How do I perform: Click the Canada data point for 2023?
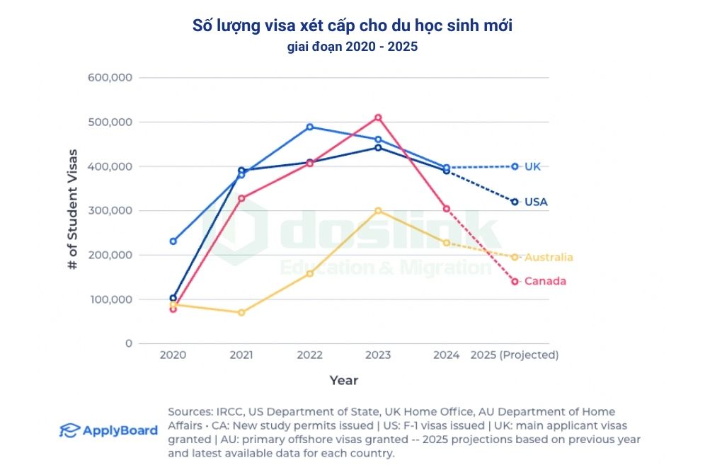(x=378, y=117)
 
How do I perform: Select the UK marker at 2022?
(x=309, y=127)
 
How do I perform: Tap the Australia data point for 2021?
(x=241, y=312)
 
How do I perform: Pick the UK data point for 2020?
(x=173, y=241)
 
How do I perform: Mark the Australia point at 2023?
(x=378, y=211)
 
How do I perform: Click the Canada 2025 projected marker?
(x=515, y=282)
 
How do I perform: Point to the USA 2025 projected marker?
(x=515, y=202)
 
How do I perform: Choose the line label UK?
(x=532, y=166)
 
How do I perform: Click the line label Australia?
(x=549, y=257)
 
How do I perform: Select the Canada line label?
(x=545, y=282)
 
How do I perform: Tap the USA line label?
(x=536, y=202)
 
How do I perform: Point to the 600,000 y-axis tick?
(x=110, y=78)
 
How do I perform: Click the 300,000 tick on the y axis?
(x=110, y=211)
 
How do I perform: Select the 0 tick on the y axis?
(x=128, y=343)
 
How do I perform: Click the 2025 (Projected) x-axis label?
(x=515, y=355)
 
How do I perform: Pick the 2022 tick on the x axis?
(x=309, y=355)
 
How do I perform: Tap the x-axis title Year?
(x=344, y=381)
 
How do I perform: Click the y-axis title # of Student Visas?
(x=72, y=210)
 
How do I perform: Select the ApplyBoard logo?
(x=108, y=430)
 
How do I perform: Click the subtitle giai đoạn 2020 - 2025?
(x=352, y=48)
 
